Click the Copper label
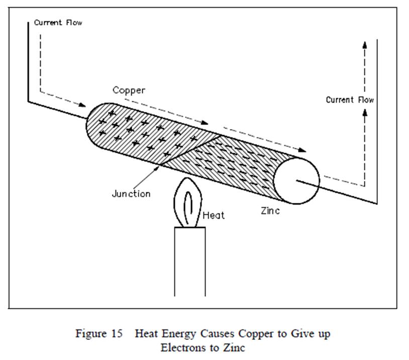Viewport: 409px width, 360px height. click(x=129, y=90)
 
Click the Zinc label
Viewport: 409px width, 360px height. click(x=270, y=211)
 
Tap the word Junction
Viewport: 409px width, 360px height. click(x=131, y=193)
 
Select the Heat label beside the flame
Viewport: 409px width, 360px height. click(x=214, y=215)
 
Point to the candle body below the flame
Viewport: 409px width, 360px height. click(x=189, y=266)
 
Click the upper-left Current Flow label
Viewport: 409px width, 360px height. click(x=58, y=23)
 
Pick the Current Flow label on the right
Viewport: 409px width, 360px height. click(x=350, y=100)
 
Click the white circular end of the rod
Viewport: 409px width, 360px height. click(x=297, y=180)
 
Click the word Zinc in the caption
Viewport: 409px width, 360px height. click(x=235, y=346)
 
